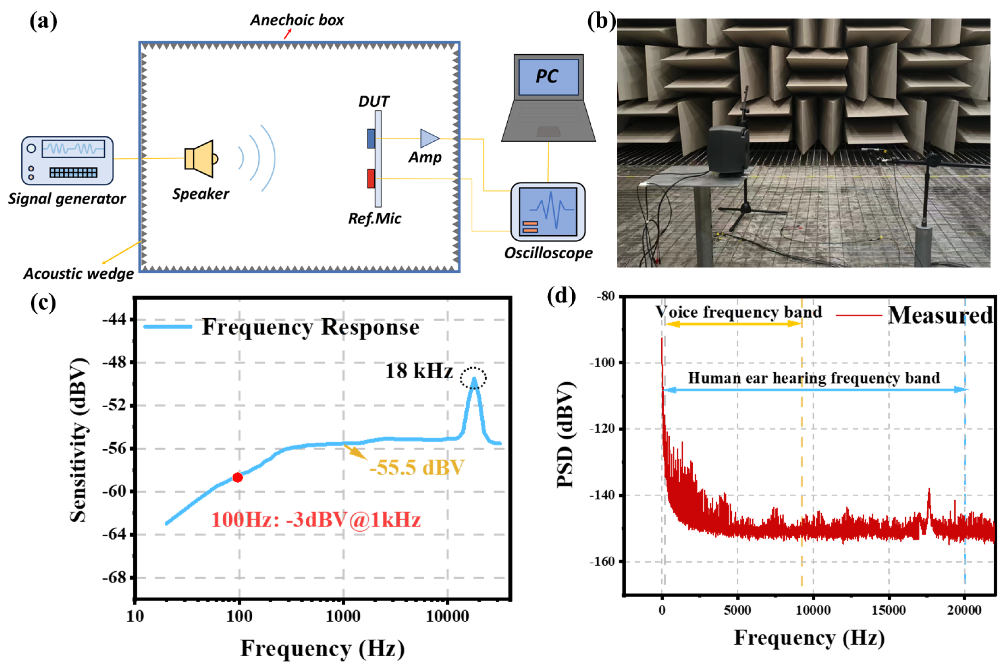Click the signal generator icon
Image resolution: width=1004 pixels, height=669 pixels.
click(x=67, y=160)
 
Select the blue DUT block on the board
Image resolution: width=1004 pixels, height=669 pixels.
click(x=371, y=139)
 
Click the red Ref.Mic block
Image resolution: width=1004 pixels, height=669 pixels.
click(x=371, y=178)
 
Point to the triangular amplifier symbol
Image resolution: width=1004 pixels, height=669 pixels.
click(x=429, y=138)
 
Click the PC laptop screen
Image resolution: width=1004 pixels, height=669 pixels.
click(x=548, y=77)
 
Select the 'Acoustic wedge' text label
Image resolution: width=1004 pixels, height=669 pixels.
click(x=79, y=273)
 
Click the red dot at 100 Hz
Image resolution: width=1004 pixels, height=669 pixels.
click(x=238, y=477)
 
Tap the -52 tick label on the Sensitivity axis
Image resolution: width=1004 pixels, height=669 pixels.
click(x=114, y=405)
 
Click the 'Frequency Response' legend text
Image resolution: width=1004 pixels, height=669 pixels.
click(x=311, y=327)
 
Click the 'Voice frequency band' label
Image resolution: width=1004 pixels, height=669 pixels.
click(x=738, y=312)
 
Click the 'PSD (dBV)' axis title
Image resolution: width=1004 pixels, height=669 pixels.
click(x=566, y=435)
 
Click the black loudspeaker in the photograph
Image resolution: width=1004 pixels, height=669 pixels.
click(x=727, y=150)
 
